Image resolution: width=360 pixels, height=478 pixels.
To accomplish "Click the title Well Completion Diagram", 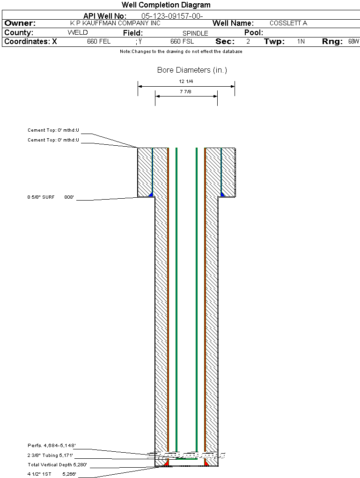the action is pyautogui.click(x=166, y=5).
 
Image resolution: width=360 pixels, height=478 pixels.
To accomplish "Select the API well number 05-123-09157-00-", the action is pyautogui.click(x=172, y=16).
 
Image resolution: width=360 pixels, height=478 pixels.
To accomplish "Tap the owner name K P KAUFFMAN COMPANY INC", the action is pyautogui.click(x=115, y=23).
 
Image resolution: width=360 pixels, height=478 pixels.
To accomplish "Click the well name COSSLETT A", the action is pyautogui.click(x=288, y=23).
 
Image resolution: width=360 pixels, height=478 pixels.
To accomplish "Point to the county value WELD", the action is pyautogui.click(x=78, y=33).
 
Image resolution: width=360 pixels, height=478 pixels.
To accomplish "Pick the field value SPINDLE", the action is pyautogui.click(x=195, y=33).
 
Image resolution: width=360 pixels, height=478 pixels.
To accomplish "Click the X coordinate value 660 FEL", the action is pyautogui.click(x=99, y=41).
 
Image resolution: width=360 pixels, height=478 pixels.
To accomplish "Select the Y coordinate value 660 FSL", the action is pyautogui.click(x=182, y=41).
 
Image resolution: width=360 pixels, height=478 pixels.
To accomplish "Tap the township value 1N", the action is pyautogui.click(x=301, y=41).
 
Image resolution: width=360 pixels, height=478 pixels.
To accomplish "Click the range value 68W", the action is pyautogui.click(x=353, y=41).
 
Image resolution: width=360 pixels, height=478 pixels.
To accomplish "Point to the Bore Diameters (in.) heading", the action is pyautogui.click(x=192, y=70).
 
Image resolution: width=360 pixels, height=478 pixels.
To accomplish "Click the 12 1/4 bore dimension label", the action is pyautogui.click(x=186, y=82).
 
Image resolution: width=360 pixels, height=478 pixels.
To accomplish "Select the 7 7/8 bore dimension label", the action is pyautogui.click(x=185, y=91).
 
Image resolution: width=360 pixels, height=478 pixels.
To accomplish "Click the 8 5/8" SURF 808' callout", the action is pyautogui.click(x=51, y=197).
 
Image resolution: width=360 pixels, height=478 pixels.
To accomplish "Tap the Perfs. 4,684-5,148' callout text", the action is pyautogui.click(x=51, y=446).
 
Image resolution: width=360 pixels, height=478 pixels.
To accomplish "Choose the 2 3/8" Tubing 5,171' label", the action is pyautogui.click(x=50, y=456).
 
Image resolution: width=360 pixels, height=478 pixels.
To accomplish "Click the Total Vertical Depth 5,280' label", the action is pyautogui.click(x=57, y=465).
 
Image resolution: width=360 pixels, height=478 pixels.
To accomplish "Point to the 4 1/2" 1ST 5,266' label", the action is pyautogui.click(x=52, y=474).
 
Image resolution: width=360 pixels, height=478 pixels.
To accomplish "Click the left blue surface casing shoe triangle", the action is pyautogui.click(x=150, y=194).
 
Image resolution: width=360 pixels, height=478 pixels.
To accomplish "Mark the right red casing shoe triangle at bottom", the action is pyautogui.click(x=206, y=463).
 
